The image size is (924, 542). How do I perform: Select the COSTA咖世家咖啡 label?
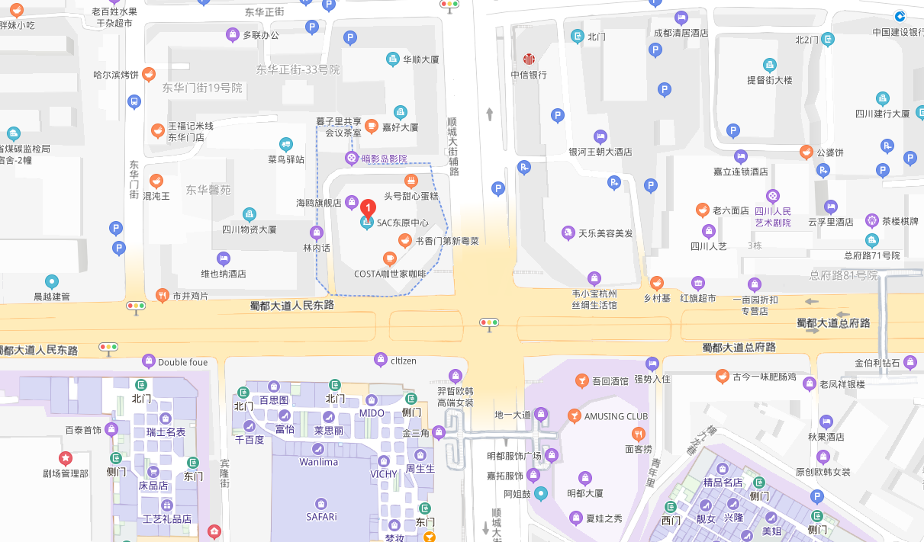click(390, 274)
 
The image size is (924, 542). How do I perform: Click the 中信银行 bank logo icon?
click(529, 59)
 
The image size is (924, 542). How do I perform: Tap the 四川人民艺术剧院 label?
click(773, 216)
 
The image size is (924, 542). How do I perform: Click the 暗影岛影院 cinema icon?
click(351, 159)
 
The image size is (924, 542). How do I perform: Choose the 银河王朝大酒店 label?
click(600, 152)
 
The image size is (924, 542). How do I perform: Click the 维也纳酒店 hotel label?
click(223, 273)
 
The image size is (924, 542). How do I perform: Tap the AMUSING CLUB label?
click(616, 416)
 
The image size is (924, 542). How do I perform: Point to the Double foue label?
click(182, 362)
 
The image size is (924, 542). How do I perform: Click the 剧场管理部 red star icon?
click(66, 458)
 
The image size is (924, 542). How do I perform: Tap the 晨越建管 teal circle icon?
click(52, 282)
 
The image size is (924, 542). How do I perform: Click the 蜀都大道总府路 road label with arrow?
click(833, 322)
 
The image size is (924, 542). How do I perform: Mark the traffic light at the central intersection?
click(488, 322)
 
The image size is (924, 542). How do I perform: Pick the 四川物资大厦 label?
click(249, 229)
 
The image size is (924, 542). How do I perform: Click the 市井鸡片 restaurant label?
click(189, 295)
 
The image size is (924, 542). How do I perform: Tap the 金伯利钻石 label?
click(877, 362)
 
